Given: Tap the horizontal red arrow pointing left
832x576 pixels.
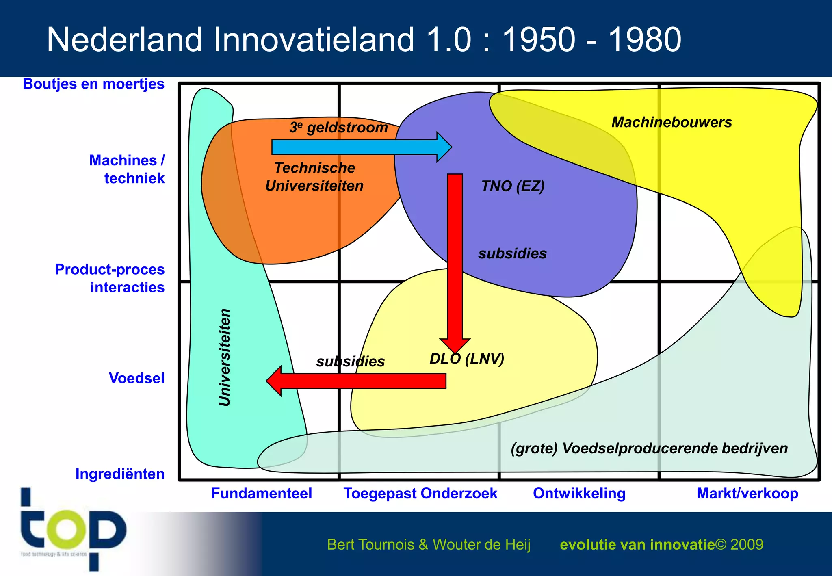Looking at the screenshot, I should point(357,381).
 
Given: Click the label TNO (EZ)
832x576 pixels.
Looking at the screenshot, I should point(513,186).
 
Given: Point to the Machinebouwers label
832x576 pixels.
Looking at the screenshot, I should point(672,122).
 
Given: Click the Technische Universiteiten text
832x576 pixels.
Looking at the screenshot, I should point(314,177).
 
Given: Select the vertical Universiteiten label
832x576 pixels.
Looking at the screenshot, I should point(225,357).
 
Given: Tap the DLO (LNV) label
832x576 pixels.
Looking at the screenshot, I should point(467,359).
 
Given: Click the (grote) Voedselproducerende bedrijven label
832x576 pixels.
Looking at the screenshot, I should point(649,448).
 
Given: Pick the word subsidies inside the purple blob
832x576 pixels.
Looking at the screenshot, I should point(512,253).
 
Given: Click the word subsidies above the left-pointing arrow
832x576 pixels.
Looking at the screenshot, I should point(351,361).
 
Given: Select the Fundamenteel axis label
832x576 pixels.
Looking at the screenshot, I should point(262,493).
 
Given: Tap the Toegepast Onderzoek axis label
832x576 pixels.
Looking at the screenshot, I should point(420,493).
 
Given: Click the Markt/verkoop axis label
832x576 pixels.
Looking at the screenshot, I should point(747,493).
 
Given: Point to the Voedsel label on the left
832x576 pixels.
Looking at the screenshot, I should point(136,378).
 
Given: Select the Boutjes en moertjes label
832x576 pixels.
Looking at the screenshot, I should point(93,84).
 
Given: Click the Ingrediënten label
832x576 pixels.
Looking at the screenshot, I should point(120,474).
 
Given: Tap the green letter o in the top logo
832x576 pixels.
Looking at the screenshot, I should point(66,528).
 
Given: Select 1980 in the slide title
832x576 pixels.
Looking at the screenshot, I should point(644,40).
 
